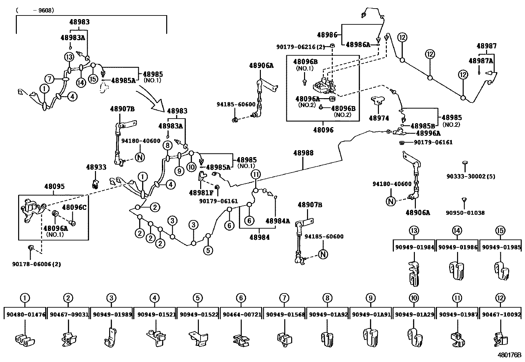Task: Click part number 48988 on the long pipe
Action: click(303, 153)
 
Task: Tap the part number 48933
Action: click(96, 167)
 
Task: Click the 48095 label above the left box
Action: click(54, 187)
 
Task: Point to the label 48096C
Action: click(74, 207)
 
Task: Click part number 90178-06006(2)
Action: click(37, 264)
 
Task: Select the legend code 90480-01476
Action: click(26, 315)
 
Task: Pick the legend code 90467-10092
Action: click(501, 315)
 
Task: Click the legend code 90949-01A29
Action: click(414, 315)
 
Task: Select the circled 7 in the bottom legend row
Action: click(284, 298)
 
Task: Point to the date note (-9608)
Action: click(35, 10)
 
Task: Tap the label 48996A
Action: click(428, 133)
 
